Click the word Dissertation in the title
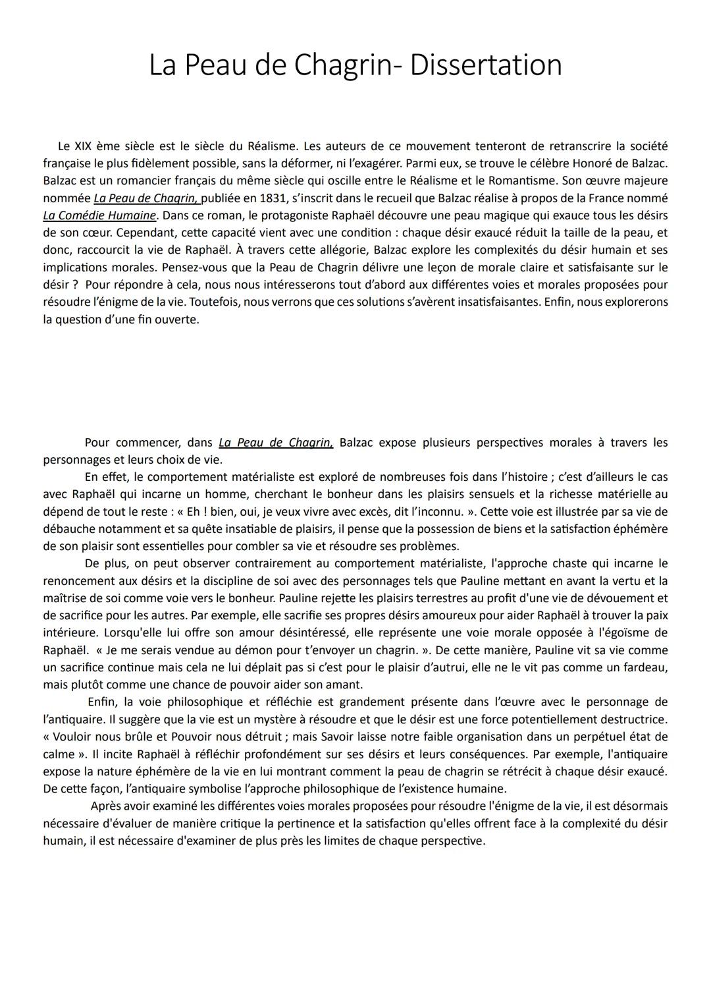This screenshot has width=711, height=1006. tap(485, 65)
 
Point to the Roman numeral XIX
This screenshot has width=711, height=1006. tap(80, 146)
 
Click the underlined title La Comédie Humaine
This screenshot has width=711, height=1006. tap(99, 215)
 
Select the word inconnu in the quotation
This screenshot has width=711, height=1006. tap(456, 511)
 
